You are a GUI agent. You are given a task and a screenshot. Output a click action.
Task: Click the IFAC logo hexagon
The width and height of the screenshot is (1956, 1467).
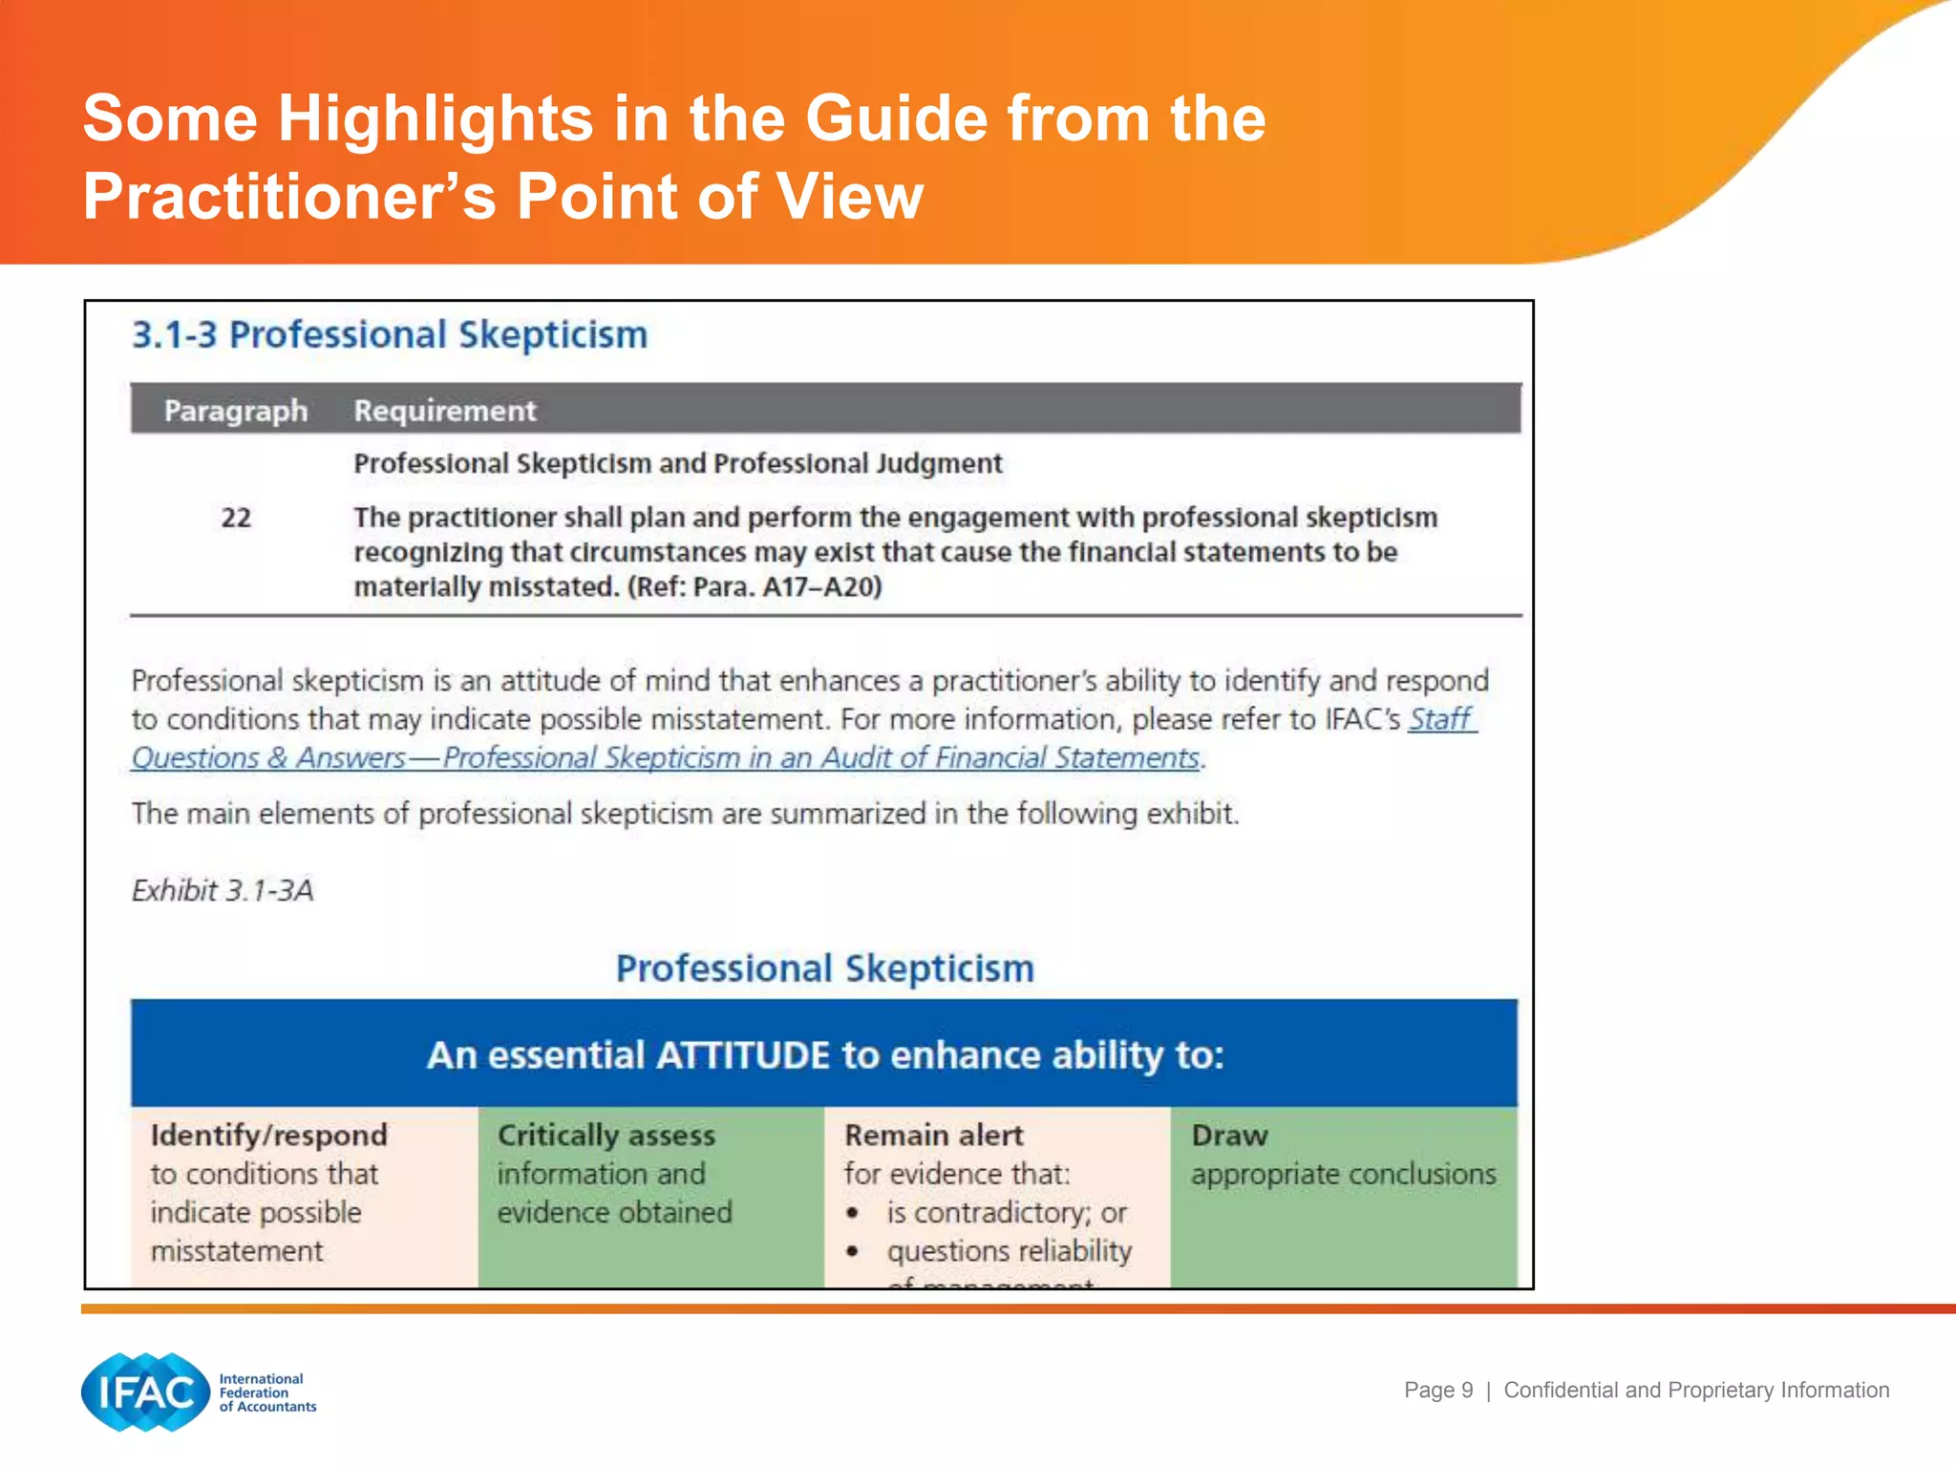point(145,1392)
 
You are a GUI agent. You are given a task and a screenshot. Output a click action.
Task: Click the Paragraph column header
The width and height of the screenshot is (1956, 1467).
point(235,411)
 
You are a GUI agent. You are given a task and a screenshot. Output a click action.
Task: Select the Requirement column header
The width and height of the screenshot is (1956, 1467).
point(444,411)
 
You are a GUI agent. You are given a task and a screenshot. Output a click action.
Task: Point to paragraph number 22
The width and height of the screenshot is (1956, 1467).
point(236,518)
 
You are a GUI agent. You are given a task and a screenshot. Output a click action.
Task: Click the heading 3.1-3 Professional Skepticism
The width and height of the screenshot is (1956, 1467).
point(390,335)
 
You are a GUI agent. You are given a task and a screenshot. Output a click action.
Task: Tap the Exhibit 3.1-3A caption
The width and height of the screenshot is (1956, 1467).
point(223,890)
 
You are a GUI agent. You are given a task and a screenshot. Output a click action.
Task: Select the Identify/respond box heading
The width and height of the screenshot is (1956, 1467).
point(268,1135)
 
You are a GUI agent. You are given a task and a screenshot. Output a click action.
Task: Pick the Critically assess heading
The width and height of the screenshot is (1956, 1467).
point(606,1135)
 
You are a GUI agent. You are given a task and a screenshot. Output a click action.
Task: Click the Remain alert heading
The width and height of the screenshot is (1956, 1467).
point(933,1135)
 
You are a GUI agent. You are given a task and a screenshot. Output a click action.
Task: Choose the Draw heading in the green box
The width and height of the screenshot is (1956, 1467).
point(1229,1135)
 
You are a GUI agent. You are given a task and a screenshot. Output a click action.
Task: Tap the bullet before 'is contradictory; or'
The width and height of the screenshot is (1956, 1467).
point(853,1213)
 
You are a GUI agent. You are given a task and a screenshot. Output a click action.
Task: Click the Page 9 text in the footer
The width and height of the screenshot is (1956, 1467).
point(1438,1390)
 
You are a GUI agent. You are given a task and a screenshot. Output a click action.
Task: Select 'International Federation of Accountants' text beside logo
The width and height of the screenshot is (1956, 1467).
point(266,1393)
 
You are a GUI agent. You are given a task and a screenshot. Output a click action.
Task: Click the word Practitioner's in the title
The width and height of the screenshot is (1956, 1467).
point(290,197)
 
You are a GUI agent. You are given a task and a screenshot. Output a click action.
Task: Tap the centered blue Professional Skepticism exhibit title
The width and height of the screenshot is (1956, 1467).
point(824,968)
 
